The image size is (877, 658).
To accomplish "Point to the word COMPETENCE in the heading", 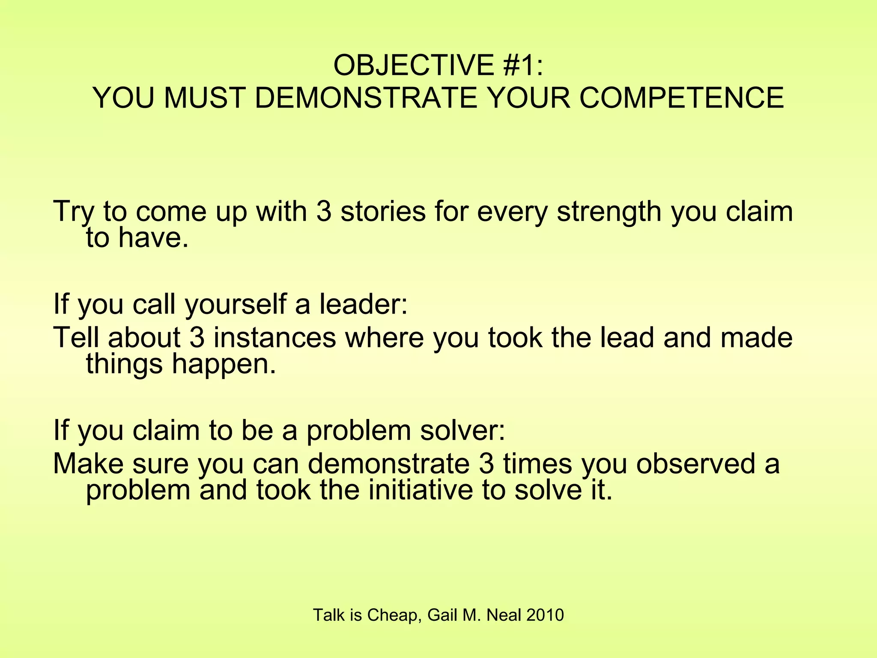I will pos(682,98).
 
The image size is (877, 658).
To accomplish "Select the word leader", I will pos(363,304).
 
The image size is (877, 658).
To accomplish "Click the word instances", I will pos(274,337).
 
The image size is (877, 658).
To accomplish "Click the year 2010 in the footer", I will pos(545,615).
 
